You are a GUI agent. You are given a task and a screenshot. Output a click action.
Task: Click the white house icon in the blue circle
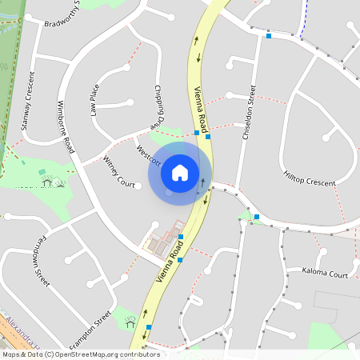tap(180, 172)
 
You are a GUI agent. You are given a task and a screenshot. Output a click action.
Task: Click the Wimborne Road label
tap(66, 128)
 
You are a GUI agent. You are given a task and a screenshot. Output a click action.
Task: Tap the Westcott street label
tap(150, 155)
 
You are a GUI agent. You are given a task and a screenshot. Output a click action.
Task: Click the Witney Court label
tap(118, 172)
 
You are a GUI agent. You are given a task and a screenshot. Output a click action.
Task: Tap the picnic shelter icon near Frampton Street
tap(130, 322)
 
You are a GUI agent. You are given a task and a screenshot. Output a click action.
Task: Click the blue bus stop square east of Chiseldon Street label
tap(256, 216)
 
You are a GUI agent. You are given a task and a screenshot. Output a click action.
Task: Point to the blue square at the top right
tap(269, 36)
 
